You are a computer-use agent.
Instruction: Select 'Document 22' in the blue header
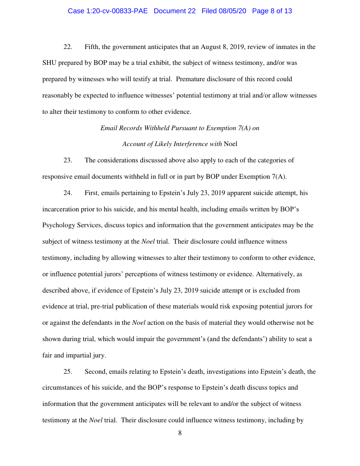175,11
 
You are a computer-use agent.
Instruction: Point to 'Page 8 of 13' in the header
272,11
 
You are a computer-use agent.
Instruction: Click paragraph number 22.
67,47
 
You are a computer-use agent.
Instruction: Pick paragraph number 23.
67,160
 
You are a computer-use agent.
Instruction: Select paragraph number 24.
67,193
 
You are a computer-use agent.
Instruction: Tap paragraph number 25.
67,372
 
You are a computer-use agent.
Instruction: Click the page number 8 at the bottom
180,433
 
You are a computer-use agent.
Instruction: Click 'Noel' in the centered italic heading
231,144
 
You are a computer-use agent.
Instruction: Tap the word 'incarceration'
61,209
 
